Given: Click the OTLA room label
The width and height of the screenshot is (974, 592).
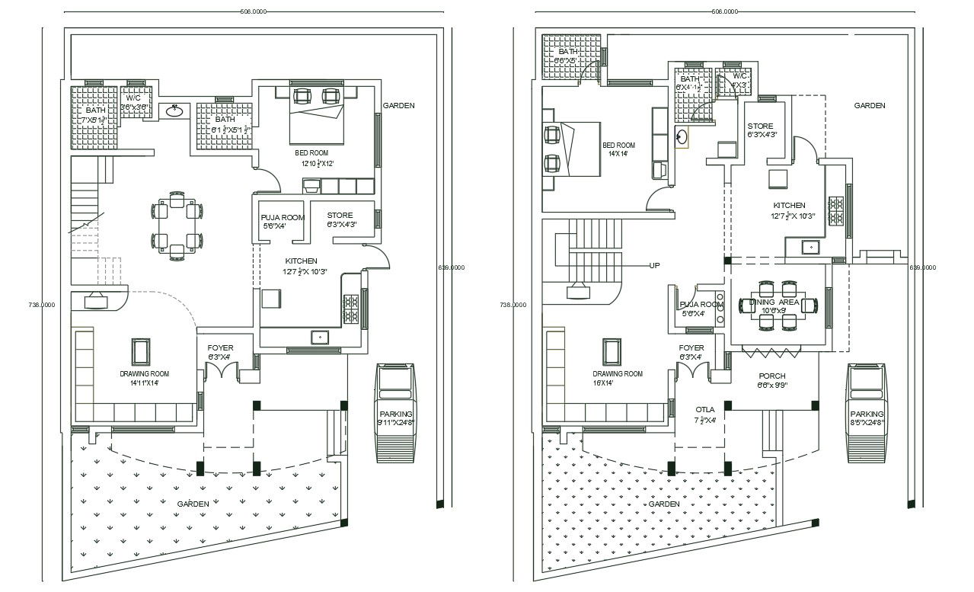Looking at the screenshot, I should point(705,414).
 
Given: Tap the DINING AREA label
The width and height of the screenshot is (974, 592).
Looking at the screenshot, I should point(774,302).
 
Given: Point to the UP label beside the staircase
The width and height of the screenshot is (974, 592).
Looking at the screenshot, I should point(654,266).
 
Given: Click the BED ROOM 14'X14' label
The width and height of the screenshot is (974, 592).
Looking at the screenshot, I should point(618,149).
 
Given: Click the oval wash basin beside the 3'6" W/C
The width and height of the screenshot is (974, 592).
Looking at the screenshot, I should point(174,110).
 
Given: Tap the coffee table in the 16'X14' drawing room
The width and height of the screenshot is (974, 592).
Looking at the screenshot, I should point(612,352).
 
